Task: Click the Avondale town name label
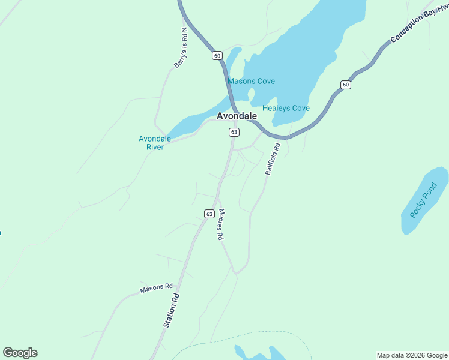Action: tap(237, 116)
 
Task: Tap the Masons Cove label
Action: tap(251, 81)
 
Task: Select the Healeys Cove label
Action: tap(286, 108)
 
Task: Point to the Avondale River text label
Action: tap(155, 143)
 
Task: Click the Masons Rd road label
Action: tap(156, 289)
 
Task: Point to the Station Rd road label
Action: tap(172, 310)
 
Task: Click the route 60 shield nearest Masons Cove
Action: tap(217, 55)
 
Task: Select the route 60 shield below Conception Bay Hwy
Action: tap(345, 85)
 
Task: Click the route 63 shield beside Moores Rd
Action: tap(209, 214)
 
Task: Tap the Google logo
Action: tap(20, 353)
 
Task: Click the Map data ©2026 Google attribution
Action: tap(412, 355)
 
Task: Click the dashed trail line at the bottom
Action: tap(240, 341)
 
